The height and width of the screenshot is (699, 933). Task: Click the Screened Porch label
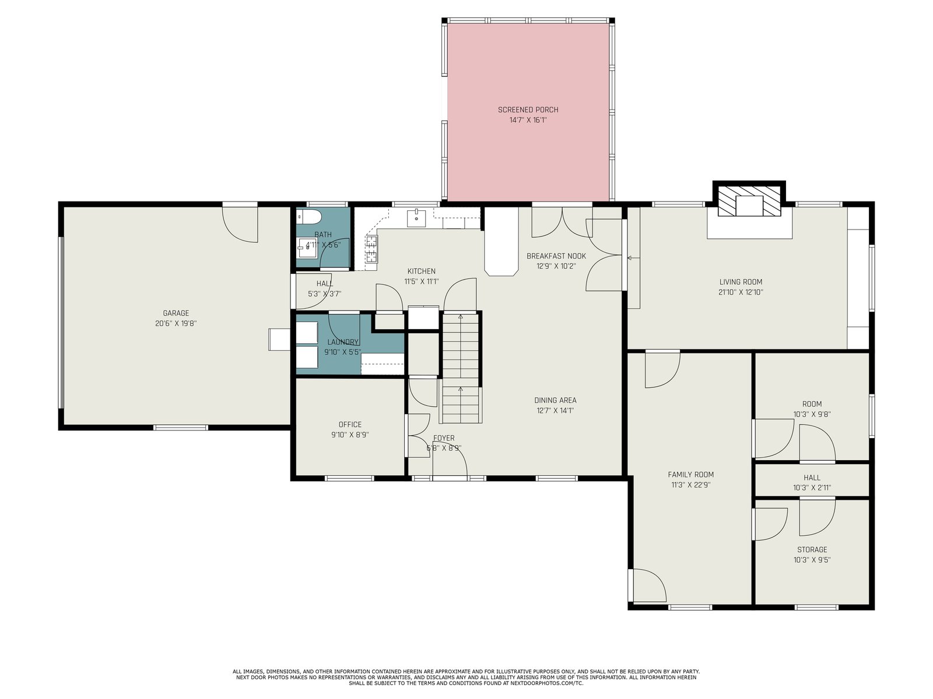point(528,110)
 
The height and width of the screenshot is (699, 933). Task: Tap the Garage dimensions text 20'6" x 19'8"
point(176,323)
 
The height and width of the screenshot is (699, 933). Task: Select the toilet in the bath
point(308,217)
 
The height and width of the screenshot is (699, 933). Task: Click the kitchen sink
point(416,218)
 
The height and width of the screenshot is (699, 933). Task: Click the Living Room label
point(741,282)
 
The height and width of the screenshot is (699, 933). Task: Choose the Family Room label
point(691,475)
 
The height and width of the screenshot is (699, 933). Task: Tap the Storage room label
point(812,549)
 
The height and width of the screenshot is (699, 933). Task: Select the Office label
point(350,425)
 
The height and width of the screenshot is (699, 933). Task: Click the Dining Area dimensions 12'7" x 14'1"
point(555,411)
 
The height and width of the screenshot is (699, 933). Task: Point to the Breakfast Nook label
point(556,256)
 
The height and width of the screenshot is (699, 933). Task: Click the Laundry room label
point(343,342)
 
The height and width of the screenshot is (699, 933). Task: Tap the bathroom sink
point(307,248)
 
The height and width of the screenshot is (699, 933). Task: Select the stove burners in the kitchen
point(371,249)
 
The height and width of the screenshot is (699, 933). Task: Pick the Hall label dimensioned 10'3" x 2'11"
point(812,478)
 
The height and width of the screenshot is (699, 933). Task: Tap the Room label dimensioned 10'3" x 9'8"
point(812,404)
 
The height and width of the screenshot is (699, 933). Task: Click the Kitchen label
point(421,271)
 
